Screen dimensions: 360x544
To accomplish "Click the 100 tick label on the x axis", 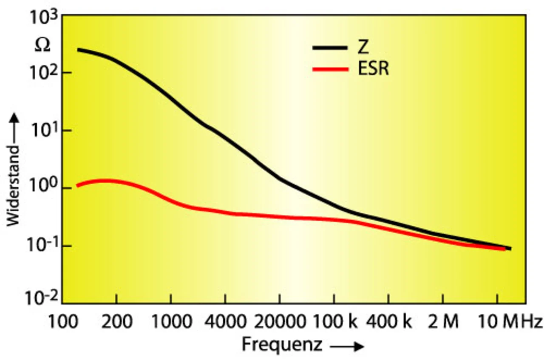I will tap(62, 322).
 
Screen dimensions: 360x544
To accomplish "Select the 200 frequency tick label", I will tap(116, 322).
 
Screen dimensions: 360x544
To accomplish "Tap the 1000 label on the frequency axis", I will tap(171, 322).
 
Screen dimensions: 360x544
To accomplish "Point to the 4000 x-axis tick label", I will tap(225, 322).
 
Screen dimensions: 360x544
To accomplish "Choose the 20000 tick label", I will tap(279, 322).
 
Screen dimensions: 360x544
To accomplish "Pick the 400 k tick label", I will tap(388, 322).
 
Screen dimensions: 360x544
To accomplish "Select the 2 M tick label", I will tap(443, 322).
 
